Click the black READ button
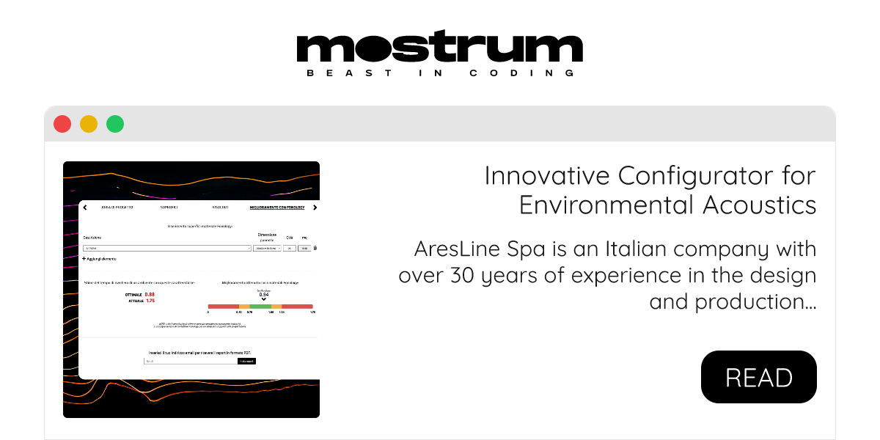(759, 377)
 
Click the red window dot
(62, 124)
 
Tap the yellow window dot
(89, 124)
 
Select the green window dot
(115, 124)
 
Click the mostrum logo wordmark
(439, 48)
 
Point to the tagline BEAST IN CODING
(439, 73)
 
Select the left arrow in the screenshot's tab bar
(84, 208)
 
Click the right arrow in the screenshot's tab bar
(315, 208)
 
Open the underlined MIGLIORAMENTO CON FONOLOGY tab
(276, 208)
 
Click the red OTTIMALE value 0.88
(150, 294)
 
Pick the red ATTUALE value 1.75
(150, 301)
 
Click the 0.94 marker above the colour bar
(264, 294)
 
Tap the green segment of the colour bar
(260, 306)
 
